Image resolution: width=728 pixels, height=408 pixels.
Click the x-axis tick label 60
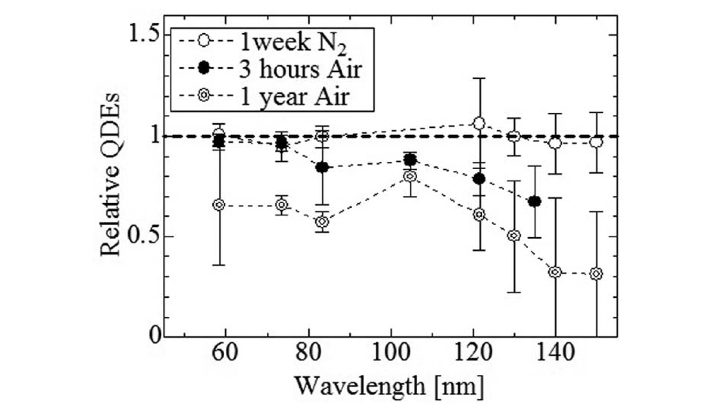pyautogui.click(x=225, y=352)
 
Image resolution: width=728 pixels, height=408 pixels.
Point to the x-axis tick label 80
pyautogui.click(x=309, y=352)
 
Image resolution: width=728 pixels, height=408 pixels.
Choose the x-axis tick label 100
pyautogui.click(x=391, y=352)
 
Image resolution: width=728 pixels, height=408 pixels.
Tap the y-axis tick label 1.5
pyautogui.click(x=144, y=35)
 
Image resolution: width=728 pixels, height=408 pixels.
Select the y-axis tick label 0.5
pyautogui.click(x=144, y=237)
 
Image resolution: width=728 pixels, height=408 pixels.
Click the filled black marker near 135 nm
pyautogui.click(x=535, y=202)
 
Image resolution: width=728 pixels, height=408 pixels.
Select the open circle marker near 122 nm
pyautogui.click(x=479, y=123)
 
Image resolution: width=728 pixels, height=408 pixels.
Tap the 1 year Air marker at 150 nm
pyautogui.click(x=596, y=274)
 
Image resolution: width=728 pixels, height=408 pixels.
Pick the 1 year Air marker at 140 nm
pyautogui.click(x=555, y=272)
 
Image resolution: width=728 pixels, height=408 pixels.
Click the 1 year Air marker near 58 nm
pyautogui.click(x=219, y=205)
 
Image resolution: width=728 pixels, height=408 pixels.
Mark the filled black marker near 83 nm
pyautogui.click(x=322, y=167)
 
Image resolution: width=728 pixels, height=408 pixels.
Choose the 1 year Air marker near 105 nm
pyautogui.click(x=410, y=176)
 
